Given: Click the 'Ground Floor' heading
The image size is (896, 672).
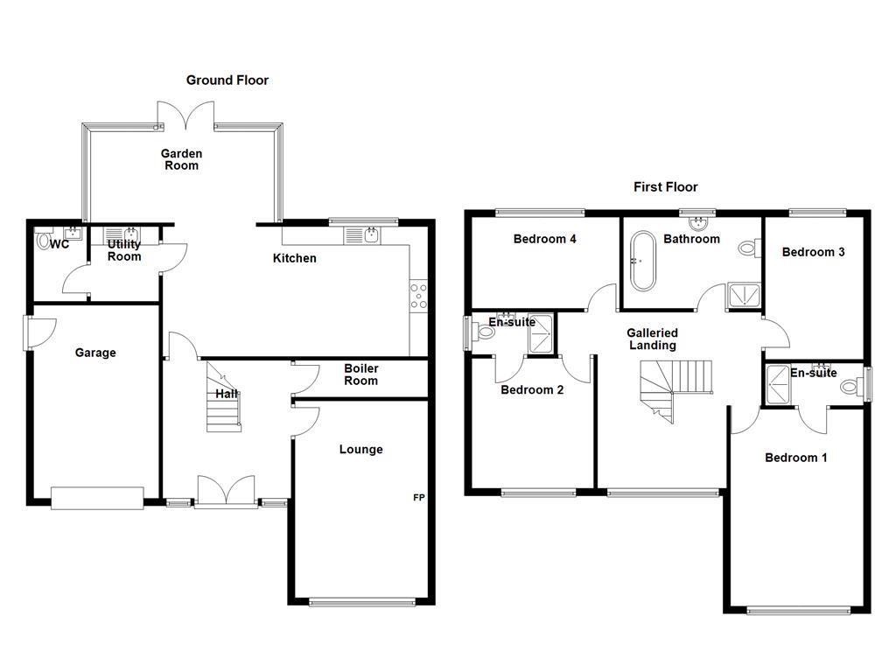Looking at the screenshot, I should [227, 80].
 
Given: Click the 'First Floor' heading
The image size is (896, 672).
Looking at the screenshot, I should [666, 186].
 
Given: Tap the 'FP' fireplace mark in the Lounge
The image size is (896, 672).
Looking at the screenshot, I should [419, 498].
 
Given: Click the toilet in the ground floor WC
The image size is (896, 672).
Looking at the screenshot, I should [45, 240].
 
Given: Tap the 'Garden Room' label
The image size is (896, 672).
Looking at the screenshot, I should [181, 159].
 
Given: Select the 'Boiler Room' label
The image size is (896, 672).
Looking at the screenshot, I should [360, 374].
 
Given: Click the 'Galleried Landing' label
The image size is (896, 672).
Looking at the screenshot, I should [652, 339].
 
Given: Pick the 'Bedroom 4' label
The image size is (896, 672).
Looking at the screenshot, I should [544, 239].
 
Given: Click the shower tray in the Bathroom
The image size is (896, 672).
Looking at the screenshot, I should [743, 297].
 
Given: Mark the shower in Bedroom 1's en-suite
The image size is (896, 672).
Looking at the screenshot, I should [776, 386].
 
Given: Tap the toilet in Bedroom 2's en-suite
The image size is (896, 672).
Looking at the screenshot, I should [483, 332].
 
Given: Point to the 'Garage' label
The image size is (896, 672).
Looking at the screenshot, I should [94, 353].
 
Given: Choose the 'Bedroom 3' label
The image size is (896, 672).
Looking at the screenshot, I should [813, 252].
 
